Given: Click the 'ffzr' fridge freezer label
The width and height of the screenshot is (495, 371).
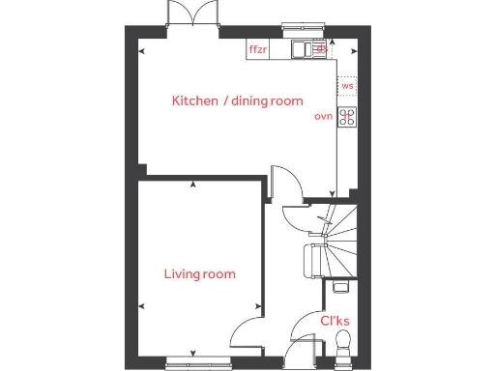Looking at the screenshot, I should [x=258, y=49].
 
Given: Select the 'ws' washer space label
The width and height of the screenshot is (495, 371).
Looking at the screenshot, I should [x=347, y=86].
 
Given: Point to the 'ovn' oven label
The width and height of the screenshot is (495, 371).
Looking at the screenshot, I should [x=324, y=116].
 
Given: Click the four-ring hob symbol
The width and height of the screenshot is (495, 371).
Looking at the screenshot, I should [x=346, y=117].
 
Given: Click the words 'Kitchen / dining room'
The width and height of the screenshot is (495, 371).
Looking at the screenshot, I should [x=238, y=100].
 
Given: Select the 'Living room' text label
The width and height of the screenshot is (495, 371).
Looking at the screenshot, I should [x=199, y=274].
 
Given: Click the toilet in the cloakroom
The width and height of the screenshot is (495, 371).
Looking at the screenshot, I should [x=342, y=344].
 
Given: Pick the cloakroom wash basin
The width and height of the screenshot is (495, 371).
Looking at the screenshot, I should [x=339, y=287].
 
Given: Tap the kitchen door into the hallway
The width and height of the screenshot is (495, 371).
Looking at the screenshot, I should [x=282, y=184].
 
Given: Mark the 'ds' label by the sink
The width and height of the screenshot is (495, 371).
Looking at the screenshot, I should [x=323, y=48].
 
